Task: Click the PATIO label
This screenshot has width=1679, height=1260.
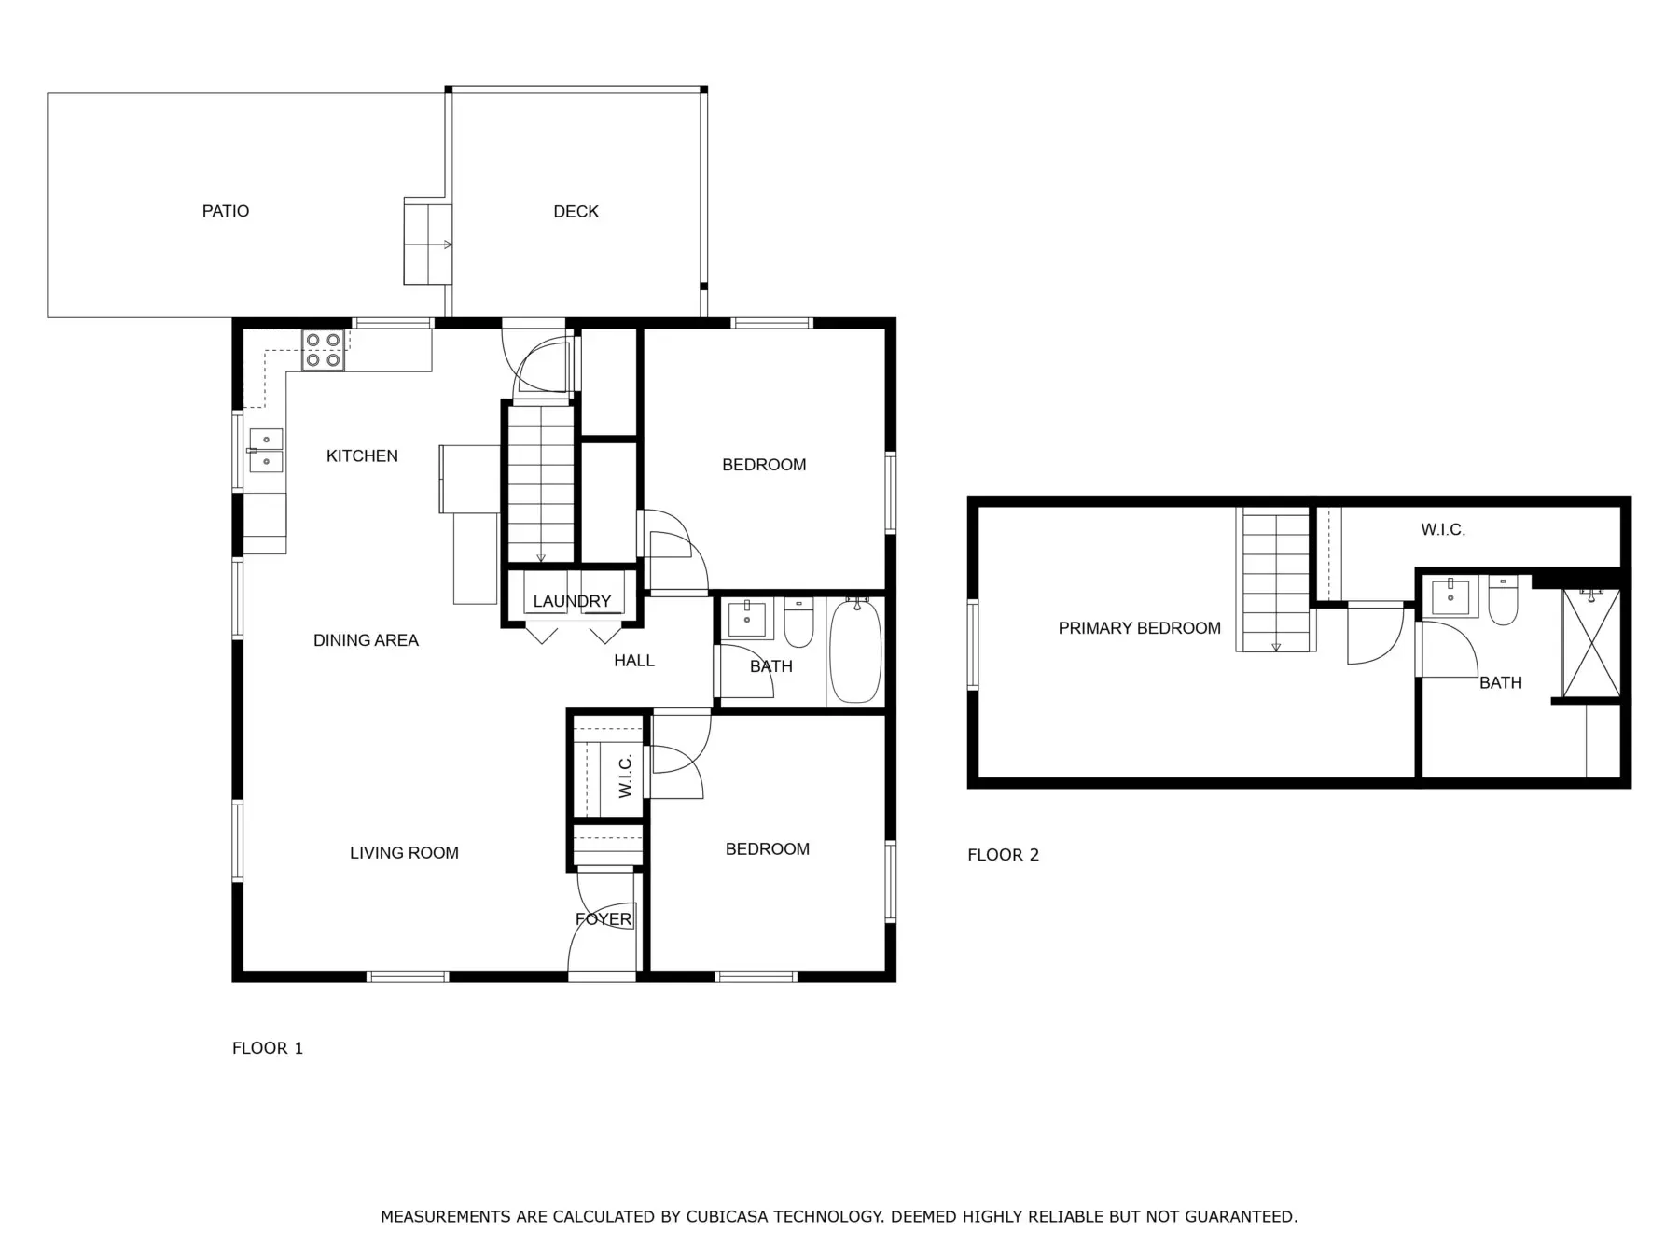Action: click(x=226, y=211)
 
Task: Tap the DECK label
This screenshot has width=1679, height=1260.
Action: click(x=576, y=212)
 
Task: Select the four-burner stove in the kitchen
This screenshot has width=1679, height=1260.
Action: click(x=323, y=350)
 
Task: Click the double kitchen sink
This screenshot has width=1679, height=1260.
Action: click(x=266, y=450)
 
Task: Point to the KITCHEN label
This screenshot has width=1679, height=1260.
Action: click(x=362, y=455)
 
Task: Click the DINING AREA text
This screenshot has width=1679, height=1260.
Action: click(x=366, y=640)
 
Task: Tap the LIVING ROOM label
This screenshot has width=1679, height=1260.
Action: click(x=404, y=852)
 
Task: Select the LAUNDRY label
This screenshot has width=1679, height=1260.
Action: click(x=572, y=601)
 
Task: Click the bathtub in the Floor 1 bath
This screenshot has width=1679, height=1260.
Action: click(x=855, y=651)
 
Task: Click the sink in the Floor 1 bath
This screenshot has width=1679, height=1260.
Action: click(x=748, y=619)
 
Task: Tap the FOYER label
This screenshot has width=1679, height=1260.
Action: click(x=604, y=919)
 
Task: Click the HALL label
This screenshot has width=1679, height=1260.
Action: click(x=634, y=661)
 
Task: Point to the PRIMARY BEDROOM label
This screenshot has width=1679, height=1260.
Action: click(x=1139, y=628)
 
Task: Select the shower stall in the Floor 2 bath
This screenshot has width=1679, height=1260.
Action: click(x=1592, y=643)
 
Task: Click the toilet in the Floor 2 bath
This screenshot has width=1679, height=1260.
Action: click(x=1503, y=600)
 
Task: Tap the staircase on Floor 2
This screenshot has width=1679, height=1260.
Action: click(x=1276, y=580)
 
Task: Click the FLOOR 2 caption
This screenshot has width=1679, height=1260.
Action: click(x=1003, y=855)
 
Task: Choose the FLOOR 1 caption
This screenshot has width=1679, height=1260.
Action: click(x=268, y=1048)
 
